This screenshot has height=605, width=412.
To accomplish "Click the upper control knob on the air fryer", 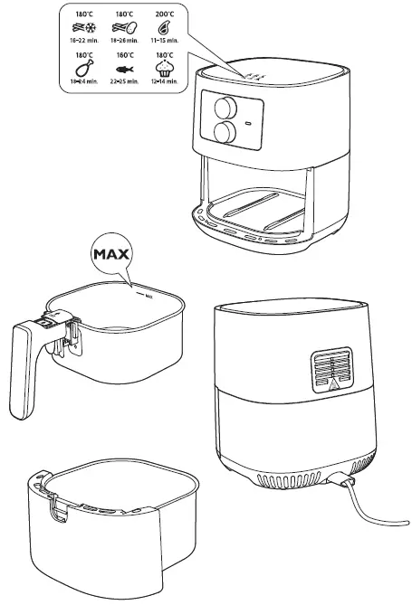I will coord(221,109).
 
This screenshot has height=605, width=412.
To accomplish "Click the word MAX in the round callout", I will coord(110,254).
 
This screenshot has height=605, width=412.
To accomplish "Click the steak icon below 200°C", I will coord(165,28).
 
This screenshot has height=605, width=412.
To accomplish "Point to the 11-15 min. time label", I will coord(165,42).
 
